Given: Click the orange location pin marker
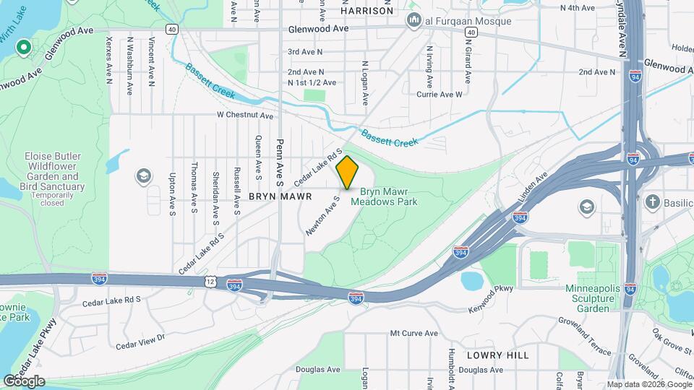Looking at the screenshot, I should tap(348, 173).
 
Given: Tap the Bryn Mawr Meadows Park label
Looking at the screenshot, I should tap(384, 197).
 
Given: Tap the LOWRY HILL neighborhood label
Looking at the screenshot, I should tap(497, 355).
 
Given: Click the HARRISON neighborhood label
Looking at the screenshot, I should tap(367, 11).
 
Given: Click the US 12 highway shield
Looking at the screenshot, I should tap(208, 277).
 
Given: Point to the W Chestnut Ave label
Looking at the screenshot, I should tap(245, 116).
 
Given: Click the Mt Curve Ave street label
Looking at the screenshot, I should tap(414, 334).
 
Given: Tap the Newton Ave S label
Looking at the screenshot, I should tap(322, 214).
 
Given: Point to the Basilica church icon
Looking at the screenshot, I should tap(652, 201).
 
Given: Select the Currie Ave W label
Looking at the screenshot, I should tap(439, 95).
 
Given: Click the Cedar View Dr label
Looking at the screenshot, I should tap(142, 337).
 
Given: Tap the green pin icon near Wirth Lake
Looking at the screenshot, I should tap(22, 48).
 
